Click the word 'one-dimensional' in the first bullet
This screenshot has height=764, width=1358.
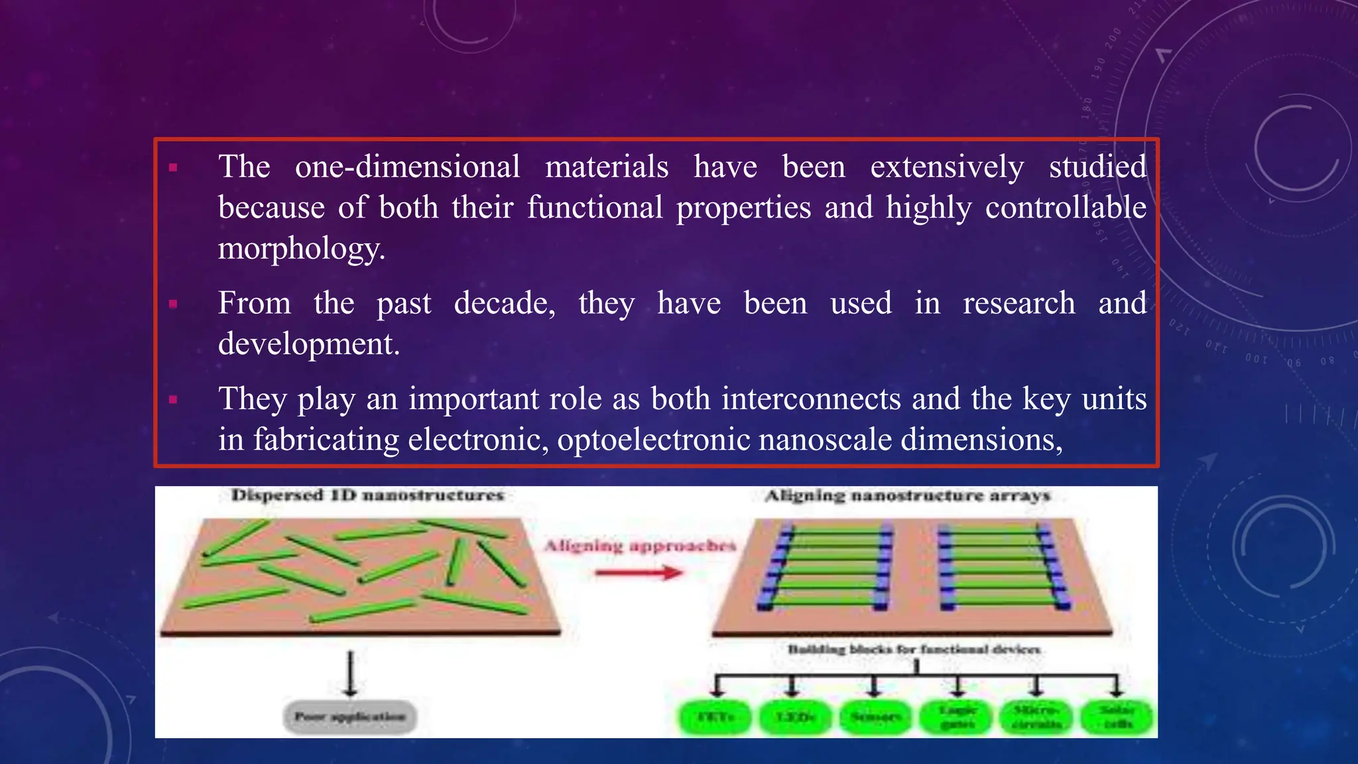[407, 166]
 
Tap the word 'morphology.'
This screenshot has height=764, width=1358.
[302, 249]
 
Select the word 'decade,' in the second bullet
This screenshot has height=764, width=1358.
[505, 303]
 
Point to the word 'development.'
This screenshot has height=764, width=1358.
[309, 344]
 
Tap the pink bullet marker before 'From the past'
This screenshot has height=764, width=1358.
[174, 304]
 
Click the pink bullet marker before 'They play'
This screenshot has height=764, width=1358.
[174, 400]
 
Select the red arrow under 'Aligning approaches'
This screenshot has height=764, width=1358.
[639, 572]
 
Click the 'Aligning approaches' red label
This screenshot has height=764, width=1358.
[640, 546]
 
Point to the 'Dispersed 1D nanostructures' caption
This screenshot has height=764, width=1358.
[367, 495]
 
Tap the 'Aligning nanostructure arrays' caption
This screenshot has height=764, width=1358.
[908, 496]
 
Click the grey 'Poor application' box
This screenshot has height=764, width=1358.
[350, 717]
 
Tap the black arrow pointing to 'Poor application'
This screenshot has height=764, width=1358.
[351, 673]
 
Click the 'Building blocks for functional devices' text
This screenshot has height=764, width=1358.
[914, 649]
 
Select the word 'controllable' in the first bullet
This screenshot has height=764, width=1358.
[1066, 208]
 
